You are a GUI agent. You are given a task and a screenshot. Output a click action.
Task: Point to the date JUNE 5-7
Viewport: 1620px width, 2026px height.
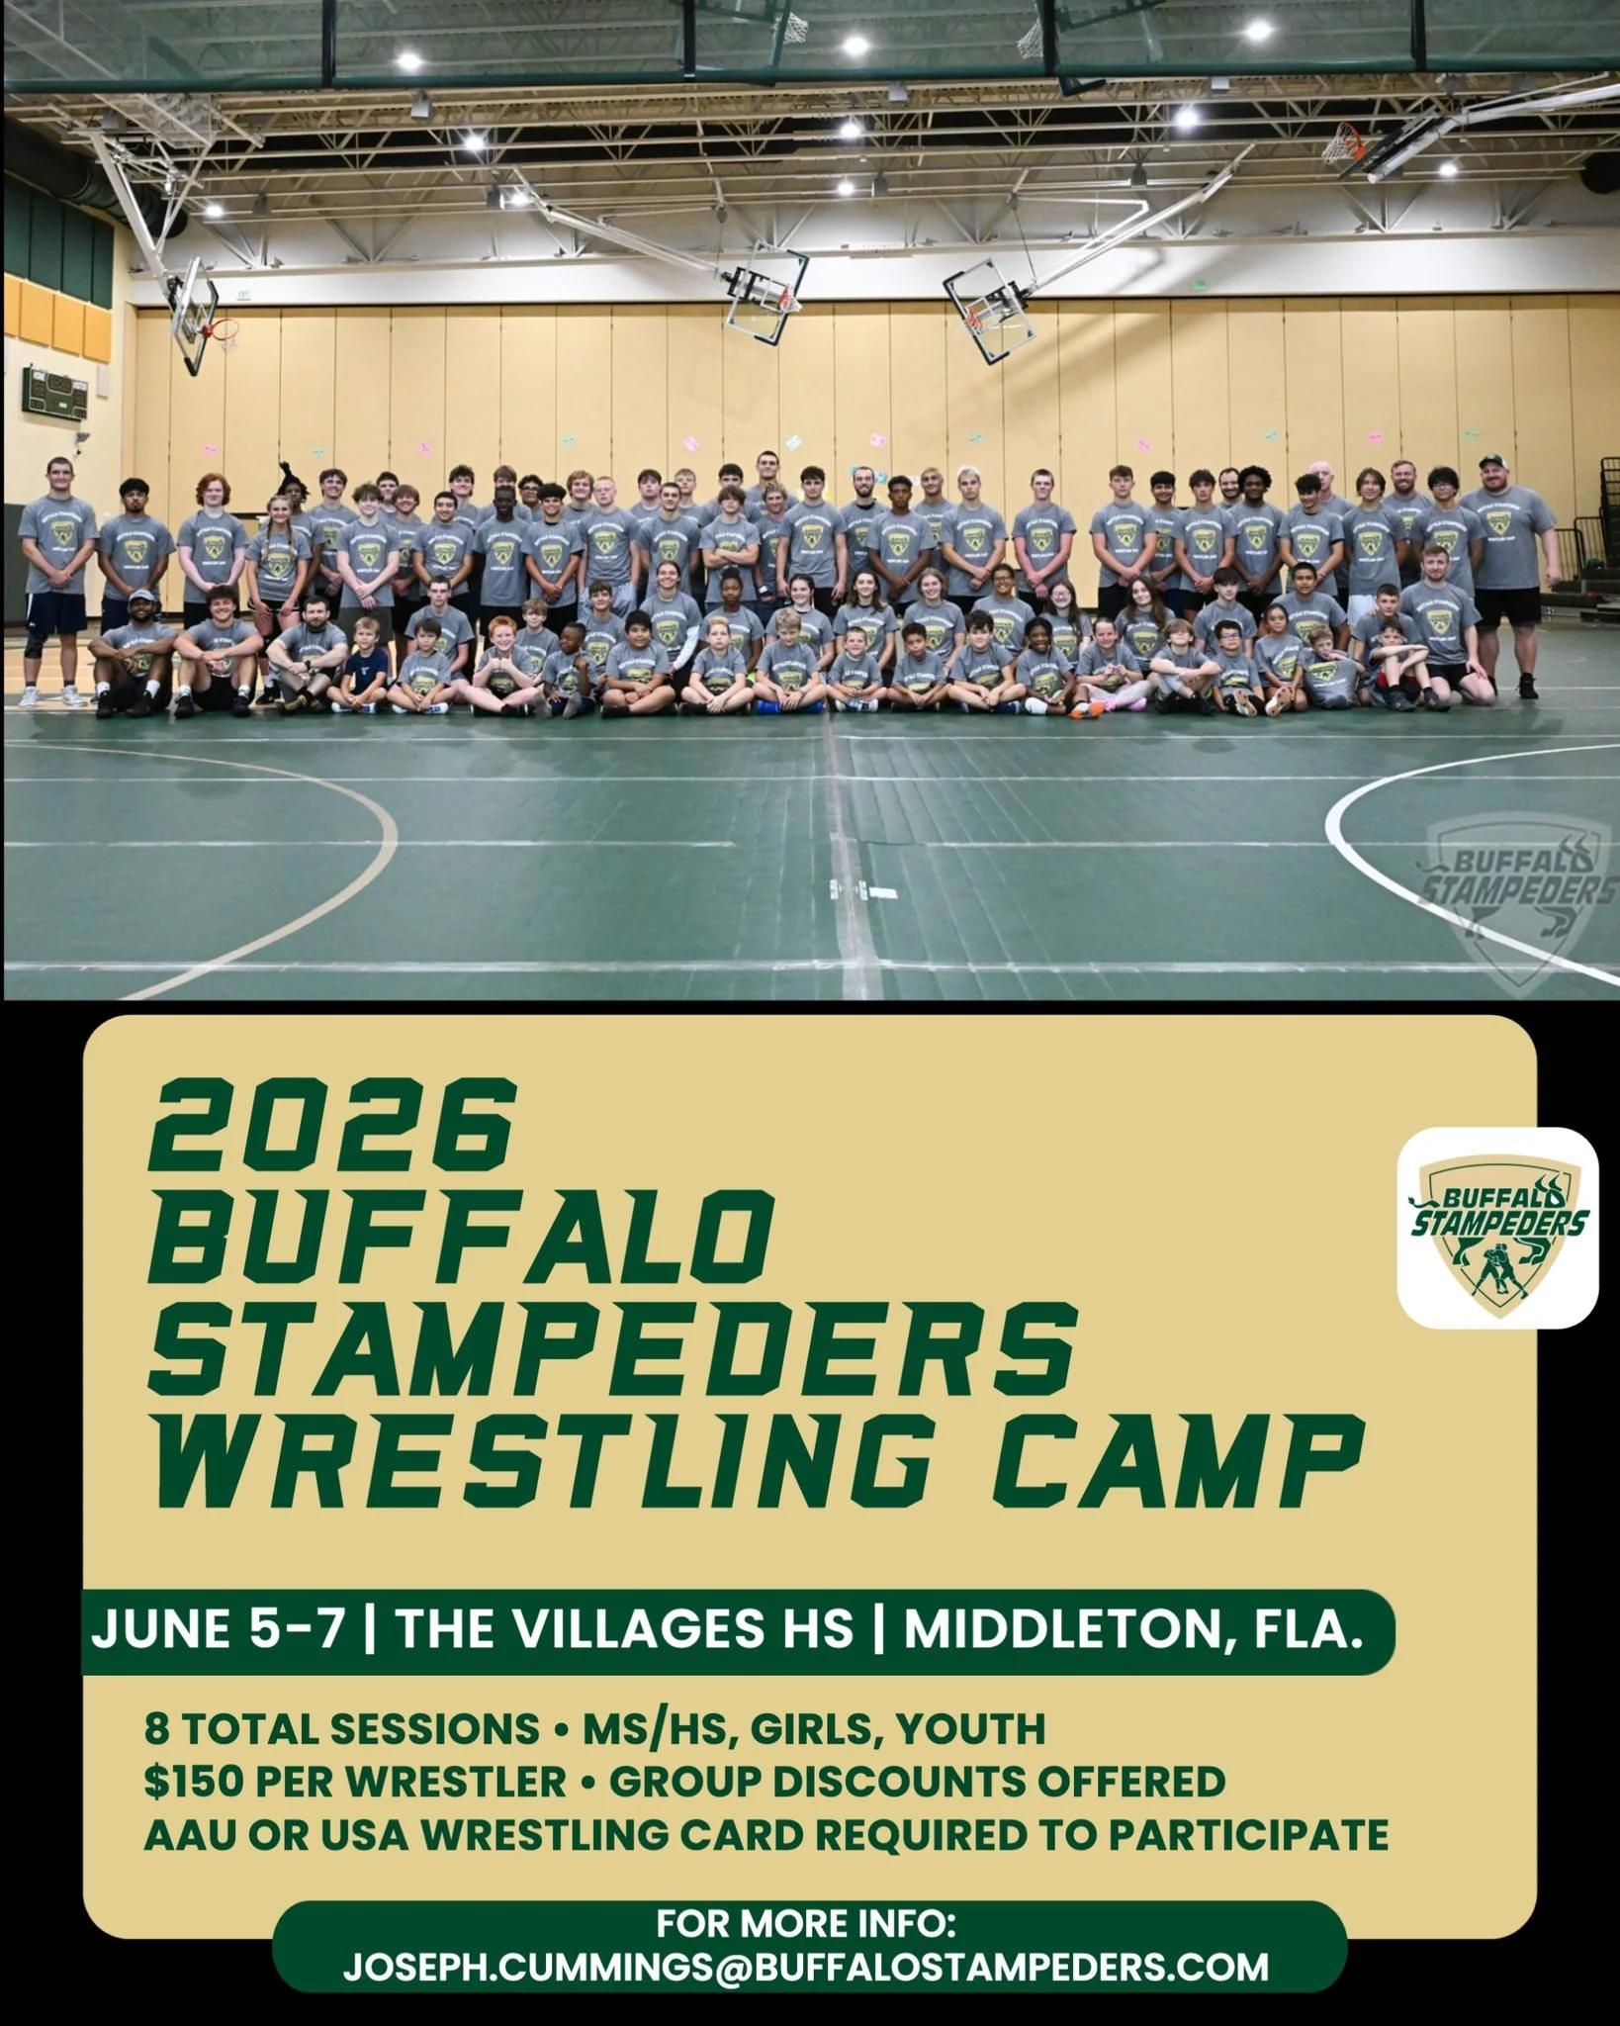coord(218,1629)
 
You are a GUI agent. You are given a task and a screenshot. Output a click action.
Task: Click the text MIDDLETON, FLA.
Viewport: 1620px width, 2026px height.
coord(1133,1629)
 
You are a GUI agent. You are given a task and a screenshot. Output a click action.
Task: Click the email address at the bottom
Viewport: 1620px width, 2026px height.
coord(806,1967)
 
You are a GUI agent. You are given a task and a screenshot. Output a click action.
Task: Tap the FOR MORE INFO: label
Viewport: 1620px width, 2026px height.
coord(806,1923)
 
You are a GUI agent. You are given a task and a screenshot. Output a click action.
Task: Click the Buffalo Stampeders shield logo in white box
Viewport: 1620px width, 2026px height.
coord(1497,1228)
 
